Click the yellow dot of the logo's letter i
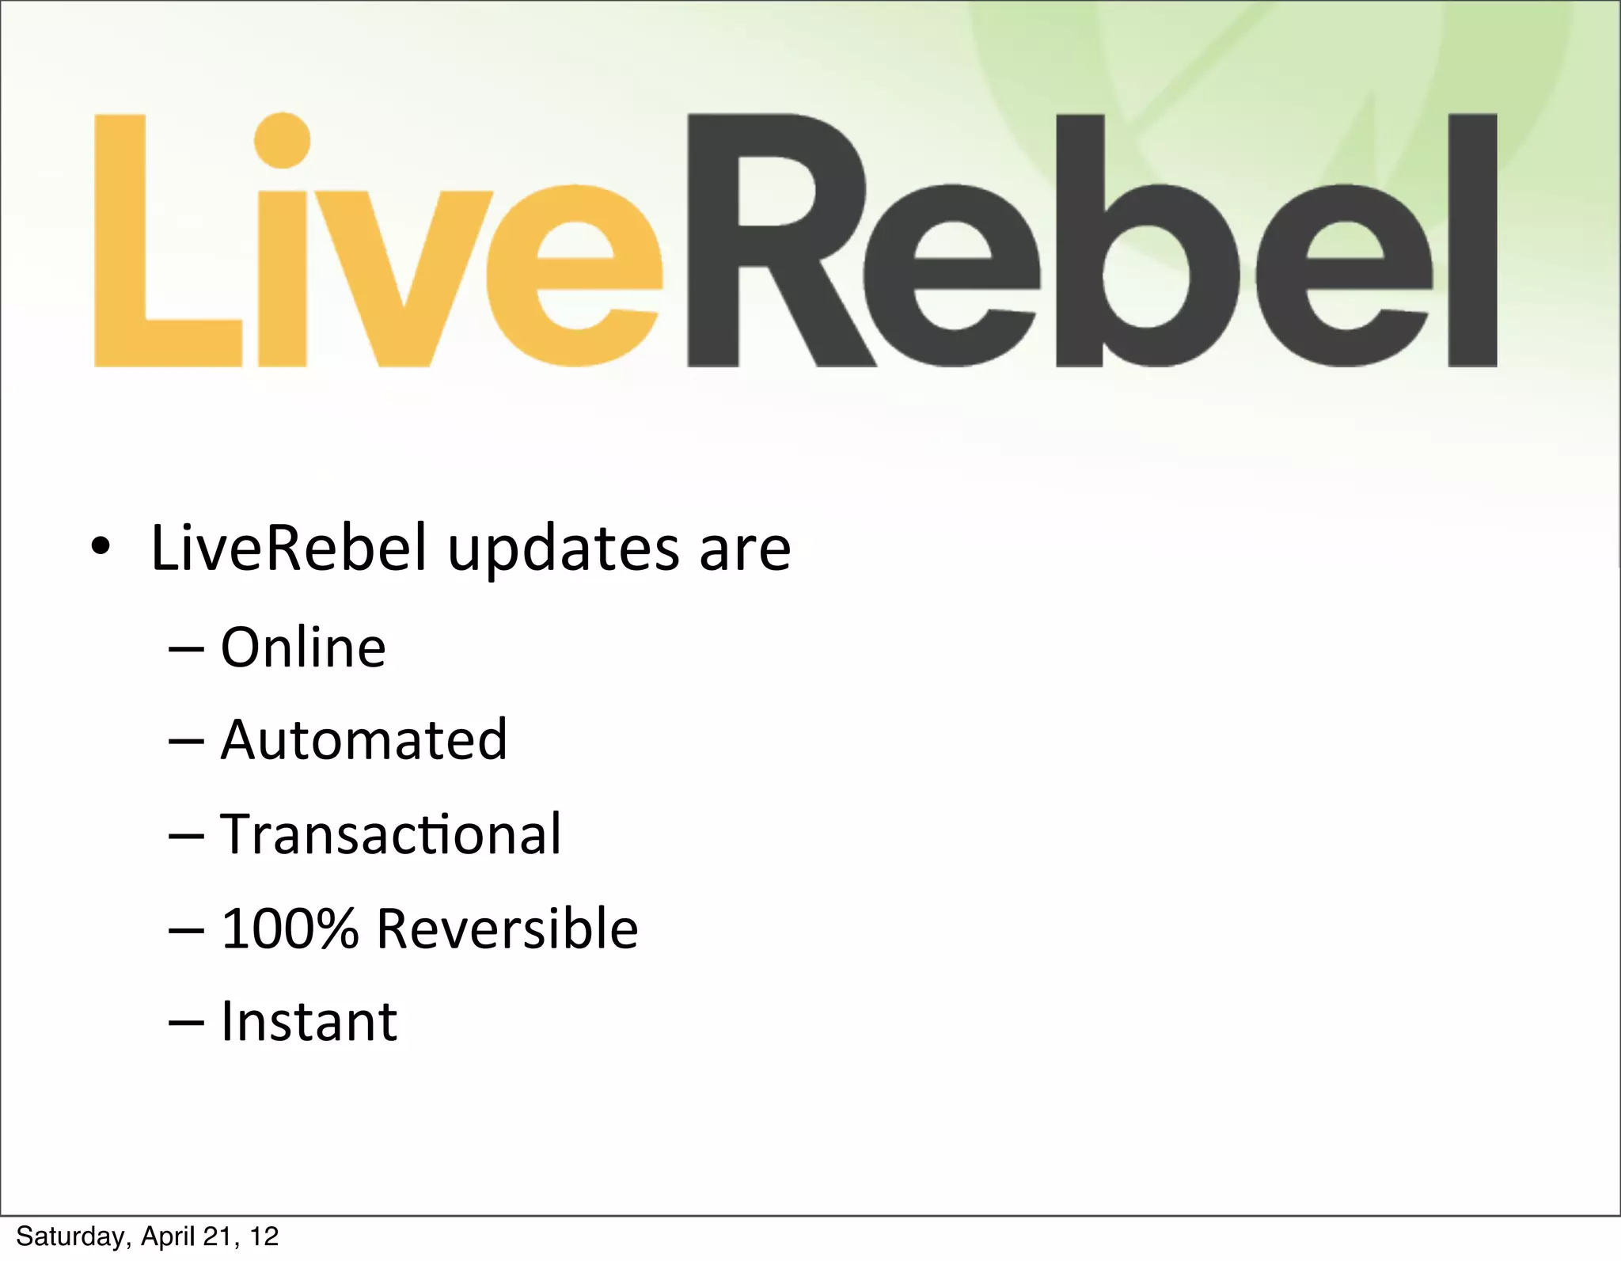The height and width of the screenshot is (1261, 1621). pyautogui.click(x=282, y=140)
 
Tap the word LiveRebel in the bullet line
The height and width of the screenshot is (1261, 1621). pyautogui.click(x=289, y=548)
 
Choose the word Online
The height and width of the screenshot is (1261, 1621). pyautogui.click(x=303, y=648)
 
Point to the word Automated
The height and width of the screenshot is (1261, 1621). pyautogui.click(x=364, y=740)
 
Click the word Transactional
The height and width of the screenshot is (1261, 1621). pyautogui.click(x=390, y=834)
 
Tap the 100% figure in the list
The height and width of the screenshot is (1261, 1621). pyautogui.click(x=290, y=928)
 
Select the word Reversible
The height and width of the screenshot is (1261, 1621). pyautogui.click(x=507, y=928)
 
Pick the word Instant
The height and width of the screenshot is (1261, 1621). pyautogui.click(x=309, y=1021)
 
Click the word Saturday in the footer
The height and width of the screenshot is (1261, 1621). pyautogui.click(x=73, y=1236)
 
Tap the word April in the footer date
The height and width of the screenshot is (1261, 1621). pyautogui.click(x=169, y=1236)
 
